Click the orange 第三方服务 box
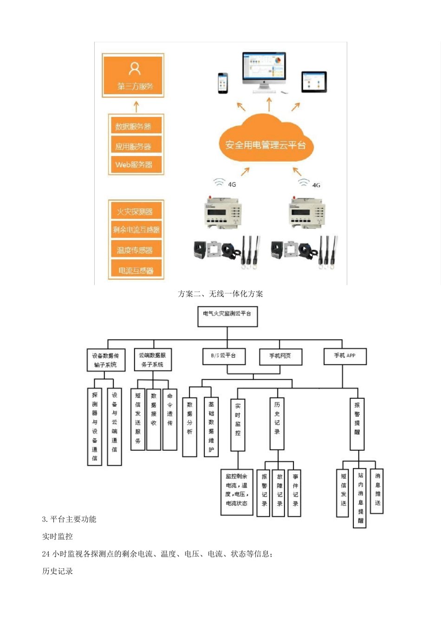click(133, 75)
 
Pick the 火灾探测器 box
click(136, 212)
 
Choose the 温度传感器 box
click(136, 250)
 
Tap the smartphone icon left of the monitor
click(223, 83)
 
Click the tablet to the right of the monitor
click(314, 82)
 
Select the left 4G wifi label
click(226, 183)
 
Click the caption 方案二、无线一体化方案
click(220, 294)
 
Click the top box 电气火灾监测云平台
click(227, 316)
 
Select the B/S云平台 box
click(224, 356)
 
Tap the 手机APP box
click(345, 356)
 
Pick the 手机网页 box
click(280, 357)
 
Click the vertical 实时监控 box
click(238, 424)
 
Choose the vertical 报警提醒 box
click(357, 423)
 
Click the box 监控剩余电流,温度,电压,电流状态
click(237, 492)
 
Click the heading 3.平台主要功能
click(69, 519)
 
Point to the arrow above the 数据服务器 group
click(136, 107)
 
